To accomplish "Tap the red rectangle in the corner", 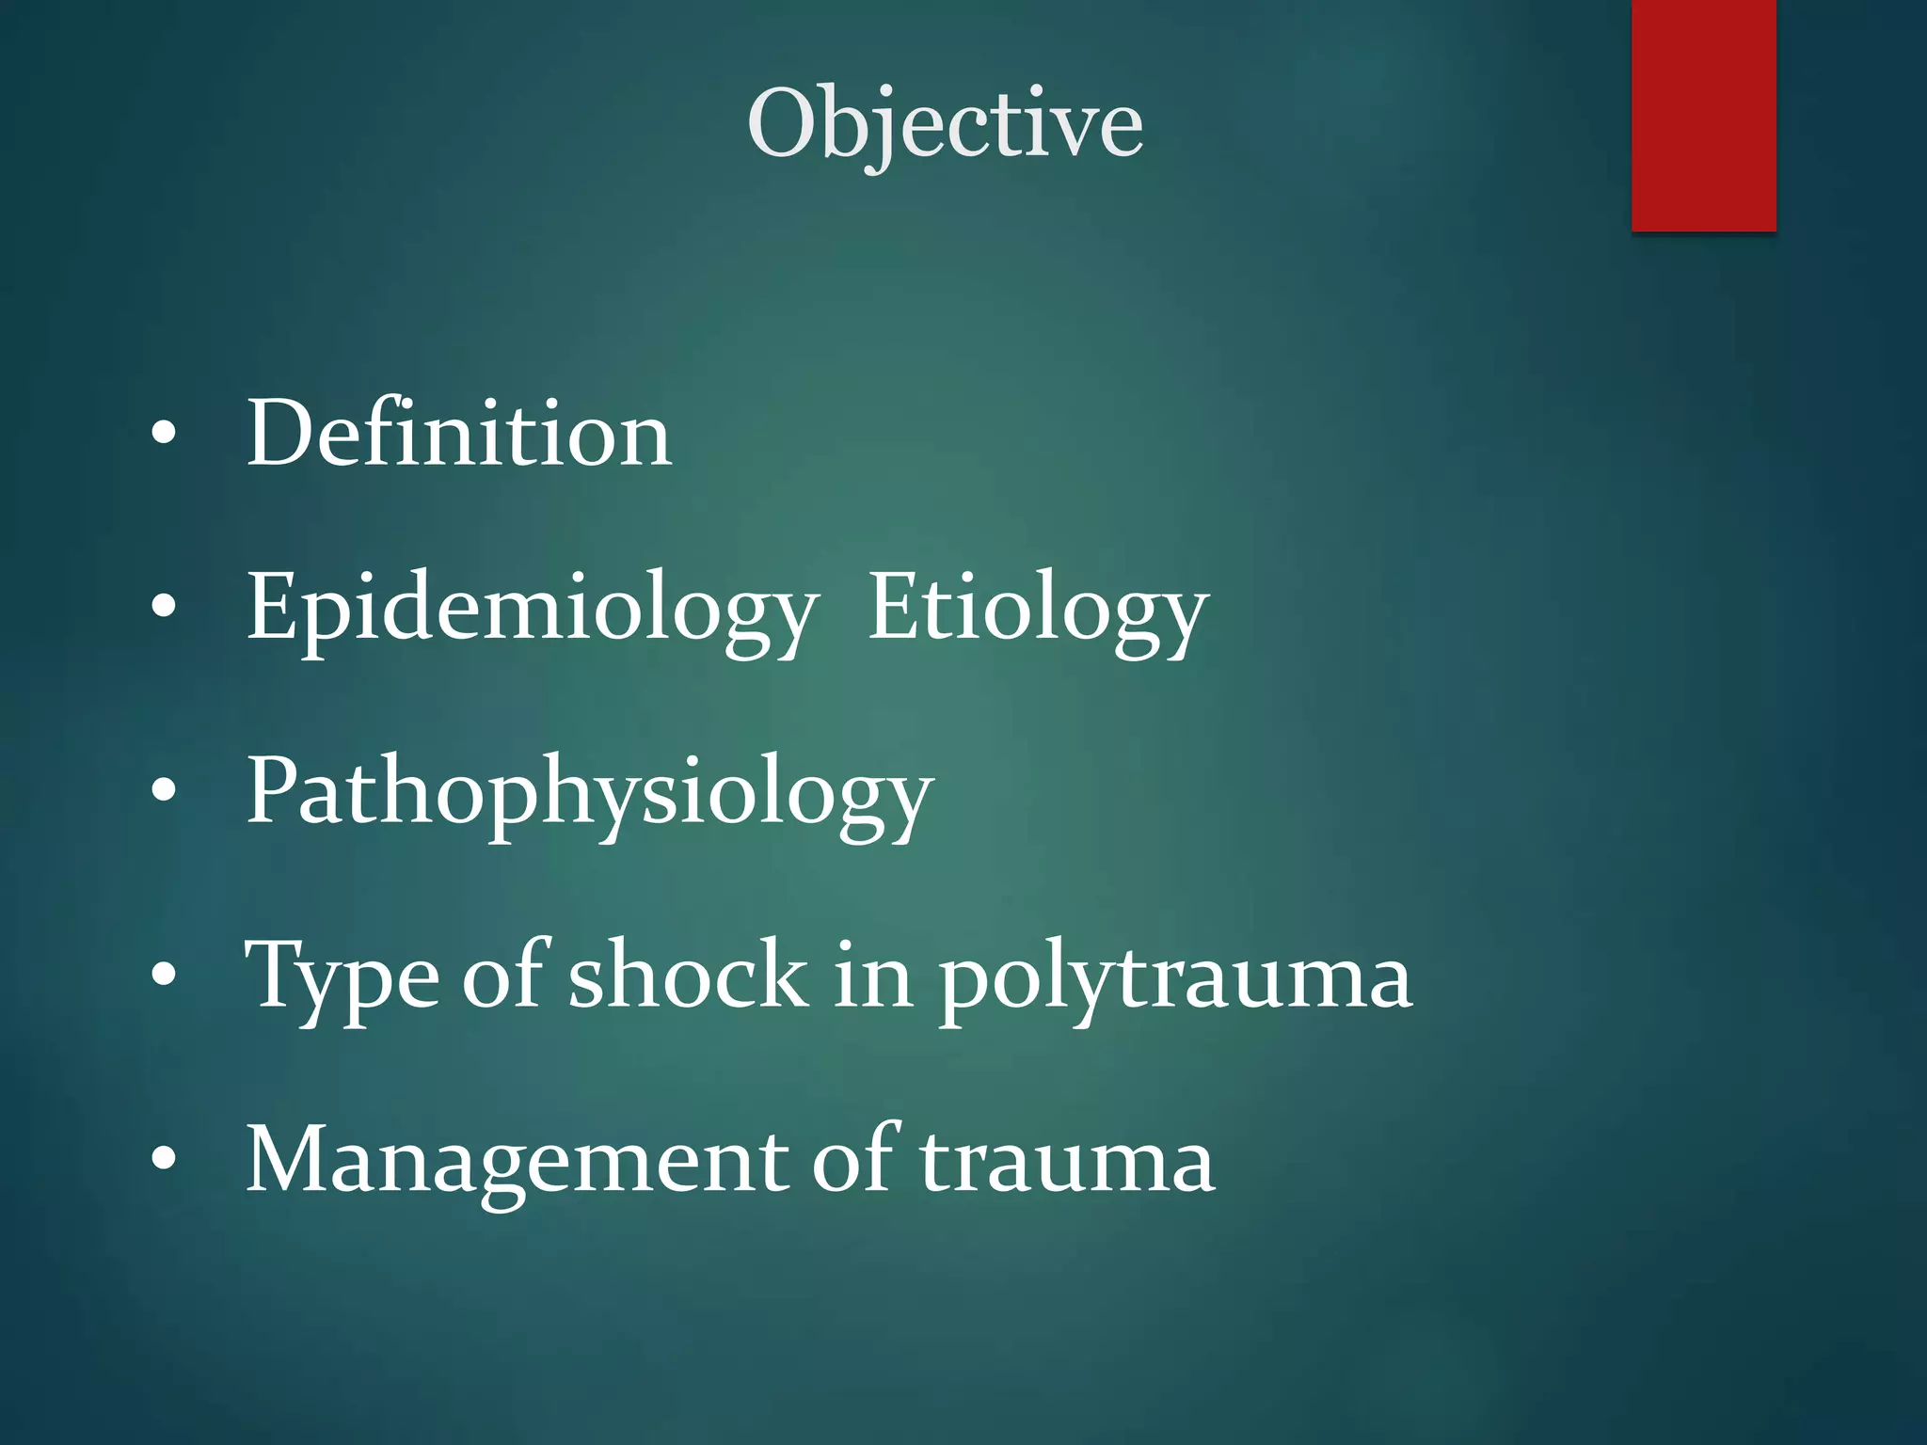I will click(1703, 115).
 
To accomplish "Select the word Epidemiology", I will click(532, 610).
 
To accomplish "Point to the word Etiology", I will click(1037, 610).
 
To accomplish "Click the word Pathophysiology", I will click(589, 792).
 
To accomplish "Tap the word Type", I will click(342, 977).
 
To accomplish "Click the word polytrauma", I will click(1175, 978).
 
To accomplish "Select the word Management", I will click(516, 1161).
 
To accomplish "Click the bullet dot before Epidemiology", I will click(164, 608).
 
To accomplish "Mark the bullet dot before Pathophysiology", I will click(164, 791).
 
